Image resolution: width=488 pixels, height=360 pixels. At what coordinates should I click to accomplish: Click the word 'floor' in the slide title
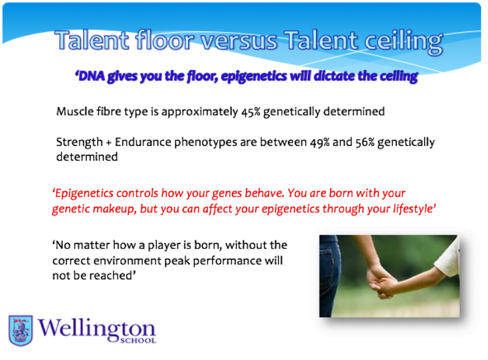[x=165, y=40]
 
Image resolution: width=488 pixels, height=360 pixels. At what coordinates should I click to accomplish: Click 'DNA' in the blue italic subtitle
[x=91, y=76]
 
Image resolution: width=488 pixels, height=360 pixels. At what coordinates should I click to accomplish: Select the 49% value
[x=320, y=142]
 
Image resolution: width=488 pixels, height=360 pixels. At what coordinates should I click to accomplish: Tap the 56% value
[x=365, y=142]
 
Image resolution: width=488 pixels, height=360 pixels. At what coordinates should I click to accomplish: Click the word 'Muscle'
[x=75, y=111]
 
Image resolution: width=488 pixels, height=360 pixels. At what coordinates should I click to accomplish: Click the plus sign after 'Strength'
[x=109, y=143]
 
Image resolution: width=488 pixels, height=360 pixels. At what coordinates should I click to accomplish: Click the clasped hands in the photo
[x=382, y=282]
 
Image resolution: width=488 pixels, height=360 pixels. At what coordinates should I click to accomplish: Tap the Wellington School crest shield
[x=21, y=330]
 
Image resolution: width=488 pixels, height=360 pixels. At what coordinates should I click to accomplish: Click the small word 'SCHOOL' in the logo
[x=138, y=340]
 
